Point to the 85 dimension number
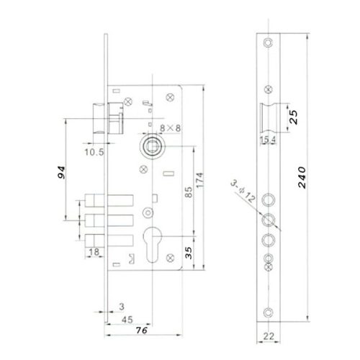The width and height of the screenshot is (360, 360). [186, 193]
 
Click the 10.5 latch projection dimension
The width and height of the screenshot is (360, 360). [94, 151]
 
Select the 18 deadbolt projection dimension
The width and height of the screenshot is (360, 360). [94, 251]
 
